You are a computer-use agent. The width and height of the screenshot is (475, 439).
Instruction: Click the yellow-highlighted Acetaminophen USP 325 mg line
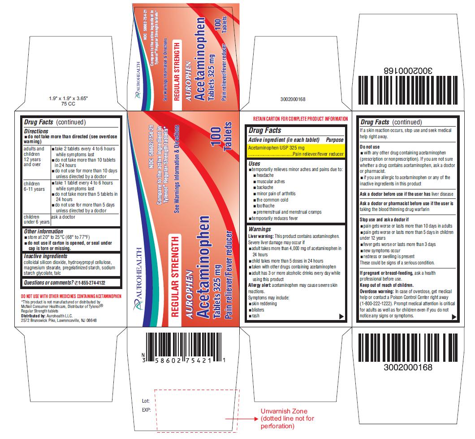coord(276,148)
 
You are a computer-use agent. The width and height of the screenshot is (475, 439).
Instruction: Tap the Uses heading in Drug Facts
coord(254,163)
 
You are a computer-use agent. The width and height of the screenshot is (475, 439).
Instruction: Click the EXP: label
coord(146,409)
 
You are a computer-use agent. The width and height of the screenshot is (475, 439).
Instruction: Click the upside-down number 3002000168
coord(408,71)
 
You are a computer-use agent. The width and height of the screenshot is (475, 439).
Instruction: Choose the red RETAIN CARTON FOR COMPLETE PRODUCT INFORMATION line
coord(300,119)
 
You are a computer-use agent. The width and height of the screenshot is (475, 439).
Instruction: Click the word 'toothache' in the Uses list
coord(266,206)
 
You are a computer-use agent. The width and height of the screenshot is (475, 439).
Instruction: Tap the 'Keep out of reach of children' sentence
coord(387,285)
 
